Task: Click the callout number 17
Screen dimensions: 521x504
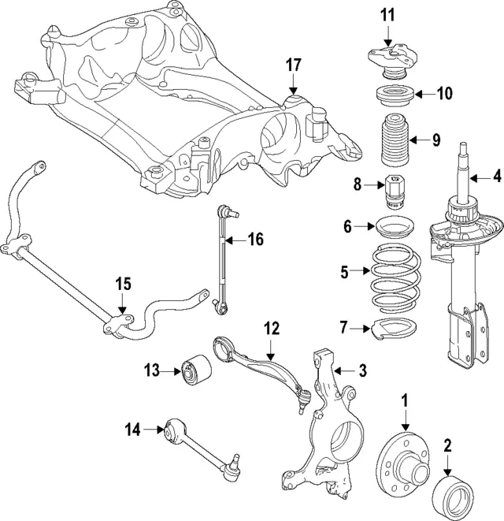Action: (293, 65)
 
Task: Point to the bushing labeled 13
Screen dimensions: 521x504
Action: (195, 370)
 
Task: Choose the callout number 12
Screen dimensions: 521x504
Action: (272, 329)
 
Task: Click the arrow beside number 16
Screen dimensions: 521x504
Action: (234, 240)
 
